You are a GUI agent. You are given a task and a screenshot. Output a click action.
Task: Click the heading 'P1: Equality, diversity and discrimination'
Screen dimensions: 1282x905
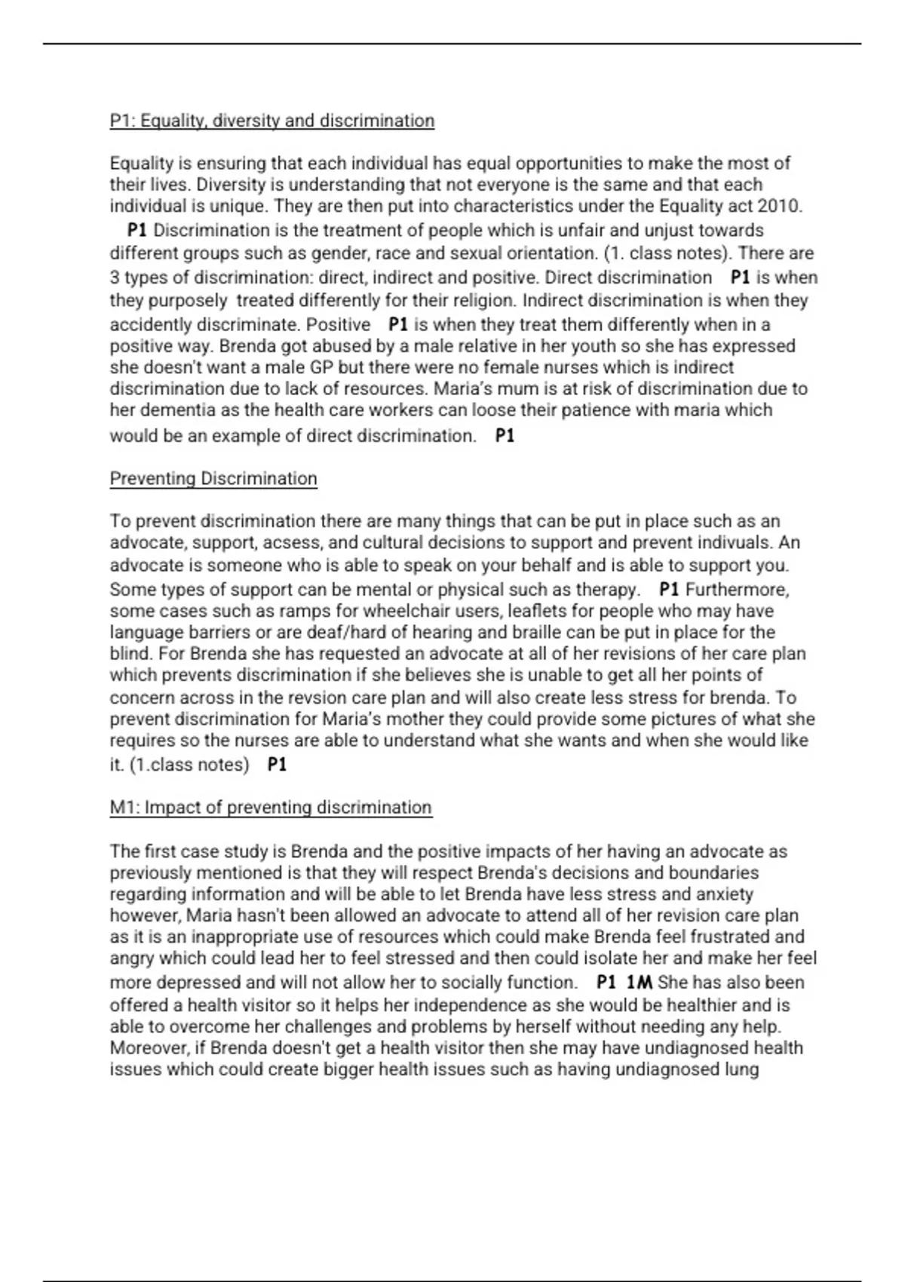pyautogui.click(x=271, y=121)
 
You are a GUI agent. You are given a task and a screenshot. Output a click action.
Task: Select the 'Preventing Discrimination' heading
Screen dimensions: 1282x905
pyautogui.click(x=213, y=479)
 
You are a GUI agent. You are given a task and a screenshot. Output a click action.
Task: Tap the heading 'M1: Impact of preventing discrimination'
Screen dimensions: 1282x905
pyautogui.click(x=271, y=808)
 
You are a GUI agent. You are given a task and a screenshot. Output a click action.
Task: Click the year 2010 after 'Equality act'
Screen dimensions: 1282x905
pyautogui.click(x=779, y=206)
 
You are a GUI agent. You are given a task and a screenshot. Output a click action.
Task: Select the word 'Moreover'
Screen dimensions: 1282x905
pyautogui.click(x=150, y=1048)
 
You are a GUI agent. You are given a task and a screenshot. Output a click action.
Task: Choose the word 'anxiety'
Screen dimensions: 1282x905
pyautogui.click(x=723, y=894)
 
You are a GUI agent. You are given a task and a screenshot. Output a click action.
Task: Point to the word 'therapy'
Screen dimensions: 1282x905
pyautogui.click(x=607, y=589)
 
